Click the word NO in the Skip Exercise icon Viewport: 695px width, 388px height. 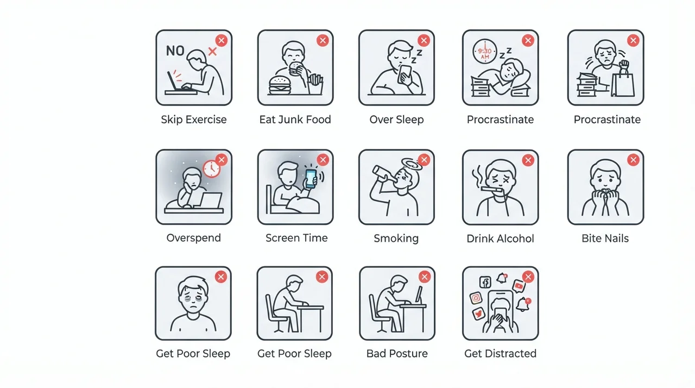point(175,51)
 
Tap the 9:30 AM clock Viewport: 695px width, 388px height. point(485,52)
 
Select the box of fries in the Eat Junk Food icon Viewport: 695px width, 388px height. point(315,84)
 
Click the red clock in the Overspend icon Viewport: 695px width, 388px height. point(212,169)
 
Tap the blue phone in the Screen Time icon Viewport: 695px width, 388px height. point(311,178)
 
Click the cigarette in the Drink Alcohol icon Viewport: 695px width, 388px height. point(491,189)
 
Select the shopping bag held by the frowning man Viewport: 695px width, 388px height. point(623,84)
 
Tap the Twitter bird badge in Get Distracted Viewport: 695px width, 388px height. point(478,314)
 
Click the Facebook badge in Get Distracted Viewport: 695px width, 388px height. point(485,282)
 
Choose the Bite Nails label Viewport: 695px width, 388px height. point(605,239)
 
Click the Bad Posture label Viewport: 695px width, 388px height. point(397,354)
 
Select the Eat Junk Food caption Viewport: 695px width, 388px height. point(295,120)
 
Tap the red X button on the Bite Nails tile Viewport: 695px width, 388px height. point(633,160)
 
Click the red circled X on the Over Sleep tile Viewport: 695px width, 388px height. point(424,40)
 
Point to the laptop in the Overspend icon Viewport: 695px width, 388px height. point(210,201)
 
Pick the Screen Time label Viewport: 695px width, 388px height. point(296,238)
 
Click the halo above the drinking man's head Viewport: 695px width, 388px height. point(412,164)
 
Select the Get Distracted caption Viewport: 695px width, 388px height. point(500,354)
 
